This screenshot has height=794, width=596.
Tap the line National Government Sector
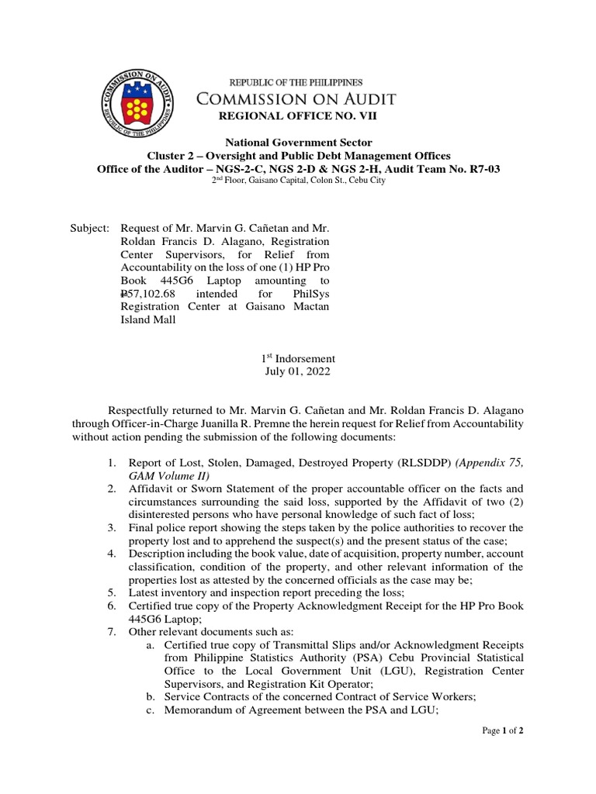(x=298, y=143)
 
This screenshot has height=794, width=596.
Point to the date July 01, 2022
(x=298, y=371)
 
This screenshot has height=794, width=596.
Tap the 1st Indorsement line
(x=298, y=358)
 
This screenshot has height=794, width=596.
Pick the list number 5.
(x=113, y=592)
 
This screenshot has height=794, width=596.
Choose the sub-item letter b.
(x=151, y=697)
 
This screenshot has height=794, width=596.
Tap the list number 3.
(x=113, y=527)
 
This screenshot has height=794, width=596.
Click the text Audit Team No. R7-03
(x=445, y=168)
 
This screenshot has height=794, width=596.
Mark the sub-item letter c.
(x=151, y=710)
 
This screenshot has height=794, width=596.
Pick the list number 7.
(x=113, y=631)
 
